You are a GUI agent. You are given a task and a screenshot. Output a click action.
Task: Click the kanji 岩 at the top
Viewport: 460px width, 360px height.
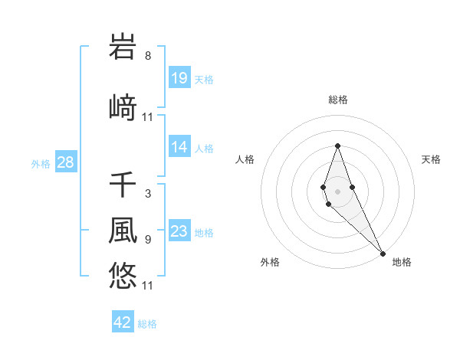point(123,47)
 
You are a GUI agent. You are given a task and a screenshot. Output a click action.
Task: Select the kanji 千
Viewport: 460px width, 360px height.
point(123,185)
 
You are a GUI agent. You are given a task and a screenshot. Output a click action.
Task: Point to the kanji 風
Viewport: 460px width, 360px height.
point(123,230)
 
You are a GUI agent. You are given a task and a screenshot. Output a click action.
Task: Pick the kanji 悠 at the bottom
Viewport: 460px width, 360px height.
point(123,274)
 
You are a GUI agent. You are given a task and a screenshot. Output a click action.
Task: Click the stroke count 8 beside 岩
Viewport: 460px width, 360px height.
point(148,56)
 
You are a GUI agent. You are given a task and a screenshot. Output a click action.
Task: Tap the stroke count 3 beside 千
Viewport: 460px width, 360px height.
point(148,194)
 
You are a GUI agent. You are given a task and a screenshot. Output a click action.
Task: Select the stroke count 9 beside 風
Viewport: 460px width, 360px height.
point(148,239)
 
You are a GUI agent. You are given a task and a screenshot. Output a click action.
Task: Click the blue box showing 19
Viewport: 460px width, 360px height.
point(179,77)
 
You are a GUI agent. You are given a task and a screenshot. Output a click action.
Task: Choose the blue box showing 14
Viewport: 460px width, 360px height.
point(179,147)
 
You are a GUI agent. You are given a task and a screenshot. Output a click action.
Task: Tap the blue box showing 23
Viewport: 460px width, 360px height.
point(179,231)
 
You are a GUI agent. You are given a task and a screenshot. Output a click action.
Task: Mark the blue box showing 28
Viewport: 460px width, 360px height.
point(65,162)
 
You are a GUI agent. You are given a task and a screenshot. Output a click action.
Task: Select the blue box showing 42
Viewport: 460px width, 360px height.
point(123,322)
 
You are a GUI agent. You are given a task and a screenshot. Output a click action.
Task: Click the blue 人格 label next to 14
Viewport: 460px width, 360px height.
point(204,148)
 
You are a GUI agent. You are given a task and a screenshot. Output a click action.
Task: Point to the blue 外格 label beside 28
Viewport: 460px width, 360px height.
point(41,163)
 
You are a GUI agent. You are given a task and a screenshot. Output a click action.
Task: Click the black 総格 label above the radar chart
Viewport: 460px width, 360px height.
point(337,100)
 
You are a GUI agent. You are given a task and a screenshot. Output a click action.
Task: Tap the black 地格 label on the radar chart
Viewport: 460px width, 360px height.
point(402,262)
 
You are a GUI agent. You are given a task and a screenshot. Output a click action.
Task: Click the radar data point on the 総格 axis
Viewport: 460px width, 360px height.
point(337,146)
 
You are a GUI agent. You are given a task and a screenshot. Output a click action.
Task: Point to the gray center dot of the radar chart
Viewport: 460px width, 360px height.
point(337,191)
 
